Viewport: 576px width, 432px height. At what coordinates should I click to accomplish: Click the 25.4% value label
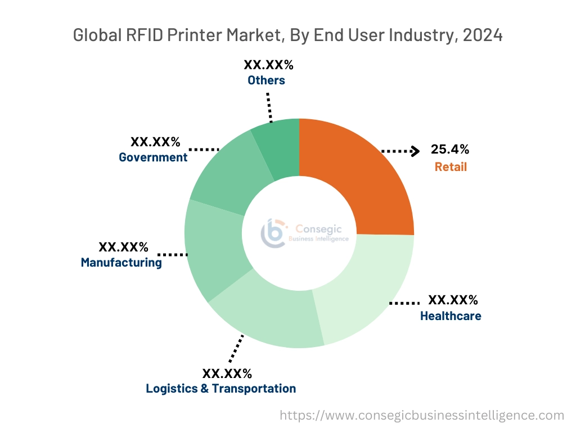click(450, 150)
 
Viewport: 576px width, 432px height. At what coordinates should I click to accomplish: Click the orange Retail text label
click(451, 167)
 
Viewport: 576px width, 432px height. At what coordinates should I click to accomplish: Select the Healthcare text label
click(451, 316)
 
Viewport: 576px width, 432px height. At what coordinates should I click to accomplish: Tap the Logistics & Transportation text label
click(220, 389)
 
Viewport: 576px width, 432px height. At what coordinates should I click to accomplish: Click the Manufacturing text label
click(121, 262)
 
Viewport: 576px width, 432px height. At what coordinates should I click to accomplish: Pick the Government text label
click(153, 157)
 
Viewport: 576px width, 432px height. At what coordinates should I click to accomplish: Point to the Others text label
click(266, 80)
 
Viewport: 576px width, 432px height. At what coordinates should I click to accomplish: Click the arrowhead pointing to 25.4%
click(415, 151)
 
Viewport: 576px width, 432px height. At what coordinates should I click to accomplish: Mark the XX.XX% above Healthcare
click(453, 299)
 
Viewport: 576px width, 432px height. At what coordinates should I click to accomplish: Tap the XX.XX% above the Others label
click(268, 64)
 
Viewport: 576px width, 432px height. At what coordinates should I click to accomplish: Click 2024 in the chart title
click(482, 35)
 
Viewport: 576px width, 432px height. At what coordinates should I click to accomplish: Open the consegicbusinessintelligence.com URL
click(422, 416)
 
